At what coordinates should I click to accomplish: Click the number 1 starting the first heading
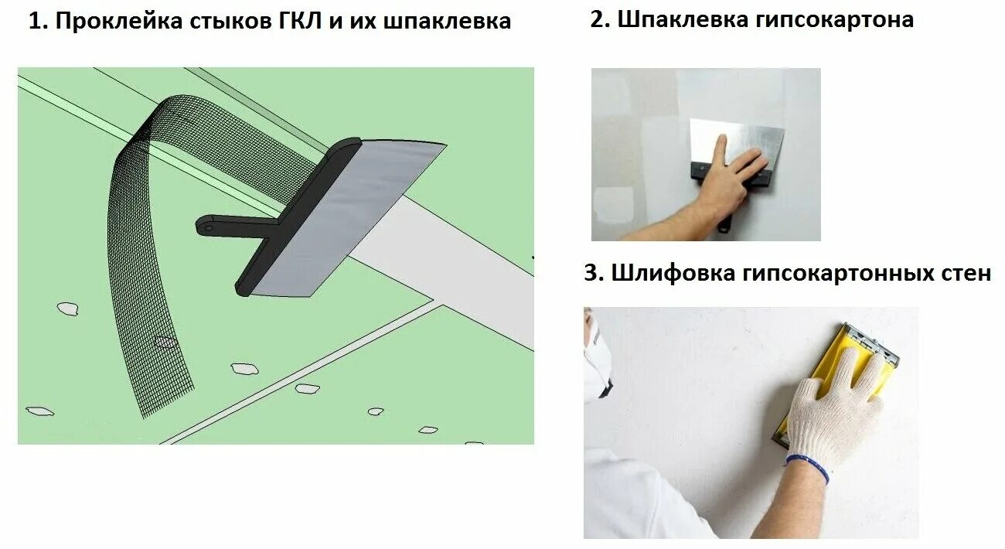point(34,22)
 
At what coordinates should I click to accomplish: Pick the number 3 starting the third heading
point(592,273)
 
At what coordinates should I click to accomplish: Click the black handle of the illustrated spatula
point(232,225)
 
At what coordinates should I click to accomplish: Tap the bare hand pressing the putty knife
point(723,182)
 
